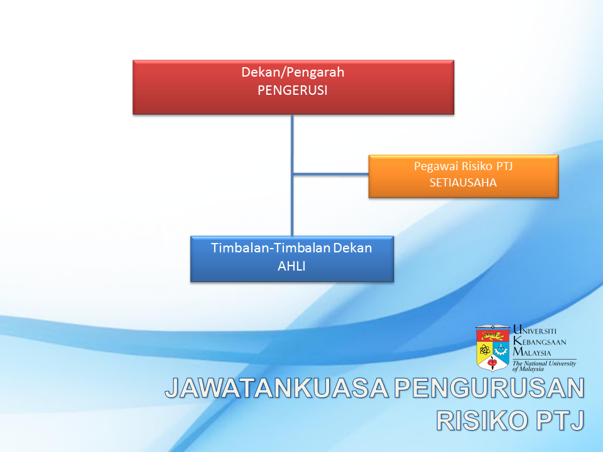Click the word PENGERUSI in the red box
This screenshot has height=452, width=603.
292,90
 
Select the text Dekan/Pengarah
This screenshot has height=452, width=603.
293,72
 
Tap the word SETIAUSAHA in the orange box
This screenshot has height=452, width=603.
463,182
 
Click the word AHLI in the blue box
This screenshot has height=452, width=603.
291,266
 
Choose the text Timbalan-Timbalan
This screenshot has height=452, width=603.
270,248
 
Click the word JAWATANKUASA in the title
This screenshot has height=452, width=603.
277,388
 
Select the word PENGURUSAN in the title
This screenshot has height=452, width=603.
489,388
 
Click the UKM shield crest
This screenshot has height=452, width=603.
492,348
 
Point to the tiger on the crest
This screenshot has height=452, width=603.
492,336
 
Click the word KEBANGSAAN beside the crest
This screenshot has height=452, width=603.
540,342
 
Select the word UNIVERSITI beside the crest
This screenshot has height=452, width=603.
535,331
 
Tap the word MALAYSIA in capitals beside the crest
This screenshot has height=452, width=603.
532,352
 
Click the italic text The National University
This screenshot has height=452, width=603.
544,363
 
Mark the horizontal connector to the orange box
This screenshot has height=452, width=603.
331,174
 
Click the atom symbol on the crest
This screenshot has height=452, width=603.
484,350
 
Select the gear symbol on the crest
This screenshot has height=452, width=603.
501,350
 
